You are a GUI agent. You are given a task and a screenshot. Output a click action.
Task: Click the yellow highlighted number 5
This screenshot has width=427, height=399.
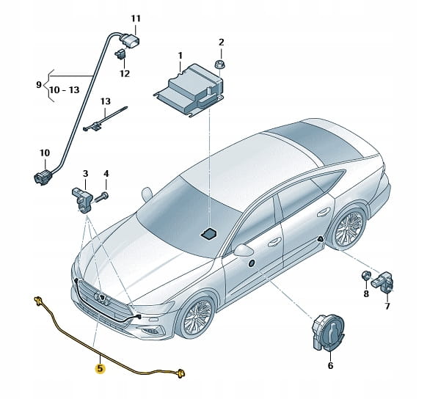(x=100, y=368)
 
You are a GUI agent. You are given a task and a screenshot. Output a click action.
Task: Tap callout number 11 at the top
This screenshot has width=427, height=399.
(x=136, y=19)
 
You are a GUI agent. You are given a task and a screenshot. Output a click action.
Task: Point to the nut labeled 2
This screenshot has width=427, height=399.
(x=221, y=65)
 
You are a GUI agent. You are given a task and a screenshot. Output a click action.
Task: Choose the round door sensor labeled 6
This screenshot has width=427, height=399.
(x=327, y=334)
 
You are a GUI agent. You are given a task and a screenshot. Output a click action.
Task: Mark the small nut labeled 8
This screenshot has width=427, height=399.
(x=365, y=276)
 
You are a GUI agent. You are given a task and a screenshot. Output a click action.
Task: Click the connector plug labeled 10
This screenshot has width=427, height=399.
(x=42, y=177)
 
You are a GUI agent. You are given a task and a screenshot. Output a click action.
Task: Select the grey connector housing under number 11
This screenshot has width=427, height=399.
(x=130, y=40)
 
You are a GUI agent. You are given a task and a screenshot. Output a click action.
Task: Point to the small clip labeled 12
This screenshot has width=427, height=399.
(x=120, y=54)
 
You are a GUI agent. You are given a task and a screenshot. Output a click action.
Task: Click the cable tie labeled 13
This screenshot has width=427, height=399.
(x=105, y=119)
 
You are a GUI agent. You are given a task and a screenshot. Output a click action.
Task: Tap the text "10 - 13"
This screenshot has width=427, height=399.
(x=65, y=89)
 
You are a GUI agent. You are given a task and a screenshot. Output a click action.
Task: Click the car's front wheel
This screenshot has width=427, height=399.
(x=195, y=317)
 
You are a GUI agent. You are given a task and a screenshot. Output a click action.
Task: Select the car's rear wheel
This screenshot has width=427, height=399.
(x=348, y=229)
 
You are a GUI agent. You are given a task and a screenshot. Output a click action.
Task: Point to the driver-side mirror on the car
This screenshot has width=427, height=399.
(x=243, y=250)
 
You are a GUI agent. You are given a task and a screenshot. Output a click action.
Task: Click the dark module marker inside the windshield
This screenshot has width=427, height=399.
(x=208, y=234)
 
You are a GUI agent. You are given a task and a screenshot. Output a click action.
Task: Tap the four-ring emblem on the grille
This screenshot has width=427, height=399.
(x=101, y=298)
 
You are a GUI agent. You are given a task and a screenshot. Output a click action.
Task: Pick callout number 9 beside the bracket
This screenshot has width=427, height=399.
(x=39, y=84)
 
